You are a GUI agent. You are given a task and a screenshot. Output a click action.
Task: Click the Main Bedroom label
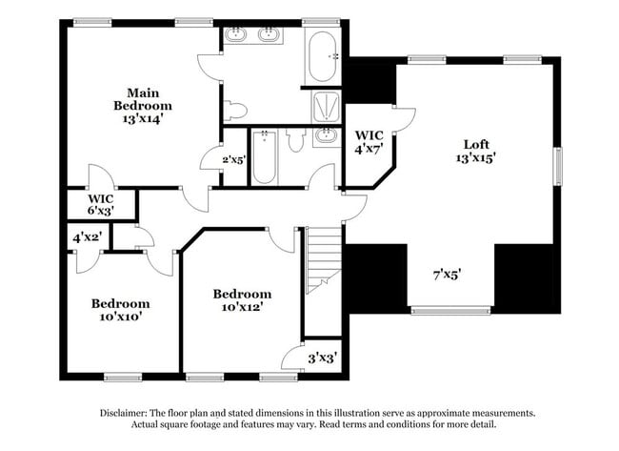click(x=143, y=105)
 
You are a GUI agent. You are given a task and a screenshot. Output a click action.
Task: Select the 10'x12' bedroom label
click(x=242, y=300)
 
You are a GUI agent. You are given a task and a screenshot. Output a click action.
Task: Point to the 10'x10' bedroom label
click(x=121, y=310)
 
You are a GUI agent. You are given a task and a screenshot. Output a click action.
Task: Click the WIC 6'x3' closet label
click(x=101, y=204)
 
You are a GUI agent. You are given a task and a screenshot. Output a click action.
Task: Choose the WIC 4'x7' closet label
click(x=368, y=142)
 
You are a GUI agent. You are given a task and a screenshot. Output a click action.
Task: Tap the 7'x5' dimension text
click(x=447, y=275)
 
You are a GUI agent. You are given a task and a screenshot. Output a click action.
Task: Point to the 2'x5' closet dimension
click(x=233, y=159)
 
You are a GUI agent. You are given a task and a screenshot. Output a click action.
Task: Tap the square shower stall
click(x=326, y=108)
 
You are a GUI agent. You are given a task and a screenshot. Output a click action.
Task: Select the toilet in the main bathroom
click(x=235, y=110)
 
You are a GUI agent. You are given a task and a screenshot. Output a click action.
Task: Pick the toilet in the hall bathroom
click(x=295, y=140)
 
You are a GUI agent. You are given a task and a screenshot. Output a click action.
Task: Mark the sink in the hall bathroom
click(x=326, y=135)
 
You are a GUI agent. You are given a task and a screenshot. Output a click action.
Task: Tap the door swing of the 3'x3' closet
click(x=293, y=358)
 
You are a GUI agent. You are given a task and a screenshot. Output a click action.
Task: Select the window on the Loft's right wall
click(x=559, y=167)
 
